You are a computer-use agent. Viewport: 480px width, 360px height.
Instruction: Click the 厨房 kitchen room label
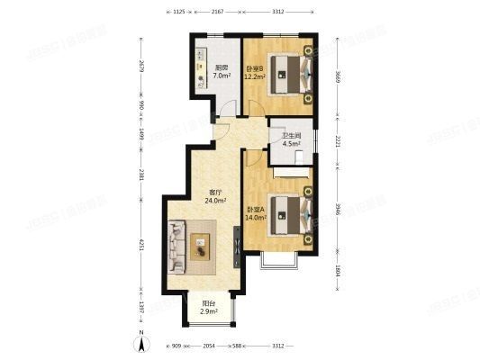(x=220, y=67)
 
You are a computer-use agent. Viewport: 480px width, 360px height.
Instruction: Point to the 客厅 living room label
(x=215, y=193)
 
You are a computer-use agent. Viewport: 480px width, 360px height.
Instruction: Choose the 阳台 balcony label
(x=207, y=303)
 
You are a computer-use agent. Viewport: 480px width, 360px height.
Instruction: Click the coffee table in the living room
(x=200, y=241)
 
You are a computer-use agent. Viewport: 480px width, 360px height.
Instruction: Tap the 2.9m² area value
(x=209, y=311)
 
